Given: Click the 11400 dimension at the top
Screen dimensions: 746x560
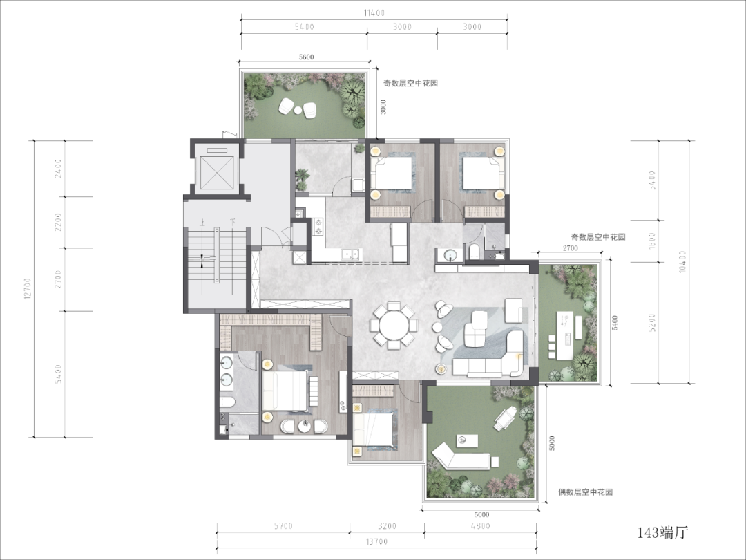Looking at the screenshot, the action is pos(374,13).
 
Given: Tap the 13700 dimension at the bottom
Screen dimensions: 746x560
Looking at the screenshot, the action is pos(377,541).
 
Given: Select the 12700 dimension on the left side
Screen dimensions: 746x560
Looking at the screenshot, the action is pos(28,288).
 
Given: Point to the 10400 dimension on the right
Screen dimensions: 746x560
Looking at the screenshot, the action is pos(683,261).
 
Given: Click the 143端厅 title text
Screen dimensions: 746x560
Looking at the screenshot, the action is pos(662,532).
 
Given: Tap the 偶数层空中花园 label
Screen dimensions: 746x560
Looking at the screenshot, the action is pos(586,492).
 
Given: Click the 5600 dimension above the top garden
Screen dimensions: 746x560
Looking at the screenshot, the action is pos(307,57).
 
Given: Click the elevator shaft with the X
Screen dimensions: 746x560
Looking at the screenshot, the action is pos(218,171).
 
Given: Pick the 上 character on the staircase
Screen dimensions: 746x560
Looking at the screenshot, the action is pos(202,222).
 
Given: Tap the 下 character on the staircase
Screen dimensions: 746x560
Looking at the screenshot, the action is pos(232,222).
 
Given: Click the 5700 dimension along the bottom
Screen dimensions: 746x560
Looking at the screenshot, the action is pos(283,526).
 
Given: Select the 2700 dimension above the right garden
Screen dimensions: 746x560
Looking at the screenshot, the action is pos(570,248).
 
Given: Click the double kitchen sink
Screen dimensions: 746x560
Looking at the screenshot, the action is pos(350,254).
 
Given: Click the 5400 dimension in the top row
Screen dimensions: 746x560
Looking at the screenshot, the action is pos(304,27).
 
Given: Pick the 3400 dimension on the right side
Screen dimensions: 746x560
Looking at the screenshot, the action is pos(652,180).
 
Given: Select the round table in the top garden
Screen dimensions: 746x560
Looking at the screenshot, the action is pos(298,111).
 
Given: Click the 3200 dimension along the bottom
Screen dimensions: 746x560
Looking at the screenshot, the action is pos(387,526).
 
